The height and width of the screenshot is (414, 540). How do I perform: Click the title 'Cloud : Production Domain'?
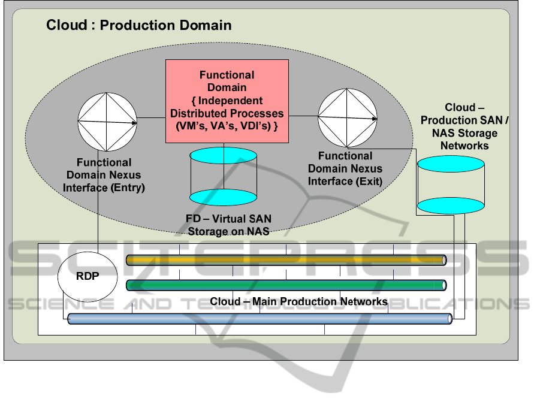tap(138, 25)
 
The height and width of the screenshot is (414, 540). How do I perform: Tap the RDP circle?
tap(87, 276)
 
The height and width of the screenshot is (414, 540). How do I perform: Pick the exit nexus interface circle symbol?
tap(347, 116)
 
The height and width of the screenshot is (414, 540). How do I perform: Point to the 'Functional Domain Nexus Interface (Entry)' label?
tap(104, 175)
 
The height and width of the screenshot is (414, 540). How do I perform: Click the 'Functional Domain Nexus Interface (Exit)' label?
tap(345, 168)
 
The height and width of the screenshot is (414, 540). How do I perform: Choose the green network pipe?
tap(286, 285)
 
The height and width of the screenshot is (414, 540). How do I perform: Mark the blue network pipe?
tap(259, 319)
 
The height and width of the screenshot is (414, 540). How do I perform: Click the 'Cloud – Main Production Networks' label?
tap(298, 301)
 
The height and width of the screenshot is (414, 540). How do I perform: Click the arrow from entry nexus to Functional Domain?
tap(151, 118)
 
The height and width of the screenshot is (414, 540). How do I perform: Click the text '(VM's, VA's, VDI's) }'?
tap(227, 126)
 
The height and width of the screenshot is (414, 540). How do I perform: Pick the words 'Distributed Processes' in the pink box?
tap(227, 113)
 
